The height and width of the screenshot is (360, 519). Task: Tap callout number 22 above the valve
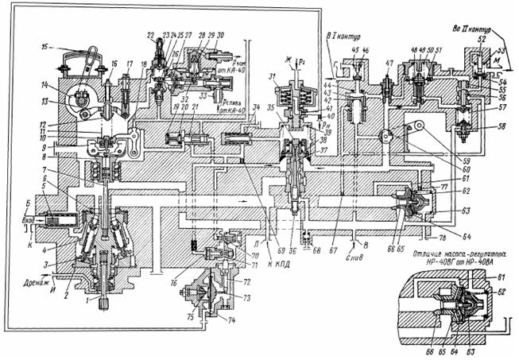click(x=150, y=37)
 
